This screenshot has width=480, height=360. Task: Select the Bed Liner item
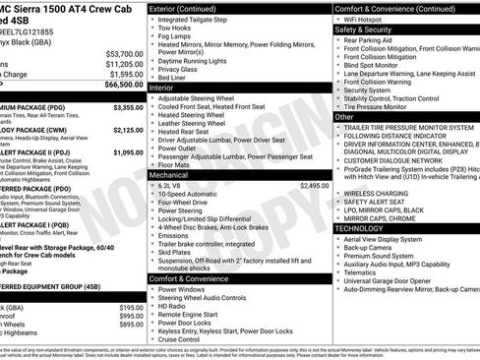175,78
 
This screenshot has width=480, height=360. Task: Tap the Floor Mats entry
178,163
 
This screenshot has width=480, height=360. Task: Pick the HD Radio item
173,306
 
